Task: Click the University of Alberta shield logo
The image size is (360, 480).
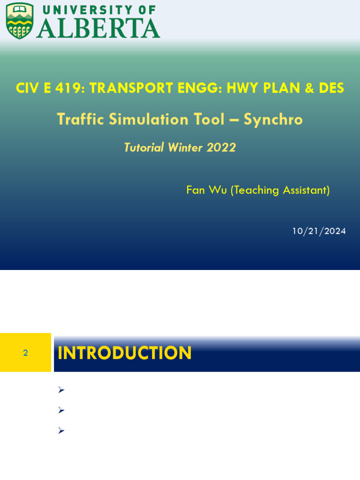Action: pos(20,21)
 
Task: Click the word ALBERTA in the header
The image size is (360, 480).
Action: pos(98,28)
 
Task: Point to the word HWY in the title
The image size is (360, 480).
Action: pos(243,88)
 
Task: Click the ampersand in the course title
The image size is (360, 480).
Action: pos(309,88)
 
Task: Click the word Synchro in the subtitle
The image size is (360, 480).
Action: pos(273,120)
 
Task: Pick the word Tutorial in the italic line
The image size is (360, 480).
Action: pos(144,148)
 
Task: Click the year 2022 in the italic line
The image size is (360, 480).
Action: pos(221,148)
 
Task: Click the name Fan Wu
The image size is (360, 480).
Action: pos(207,190)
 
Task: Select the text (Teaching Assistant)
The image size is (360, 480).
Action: pos(280,190)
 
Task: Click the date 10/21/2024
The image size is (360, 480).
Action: pos(319,231)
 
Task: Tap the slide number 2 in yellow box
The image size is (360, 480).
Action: pos(25,353)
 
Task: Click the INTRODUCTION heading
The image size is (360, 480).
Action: pos(125,353)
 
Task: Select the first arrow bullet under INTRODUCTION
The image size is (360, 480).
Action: pos(61,390)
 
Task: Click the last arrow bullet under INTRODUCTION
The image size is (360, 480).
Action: pos(61,430)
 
